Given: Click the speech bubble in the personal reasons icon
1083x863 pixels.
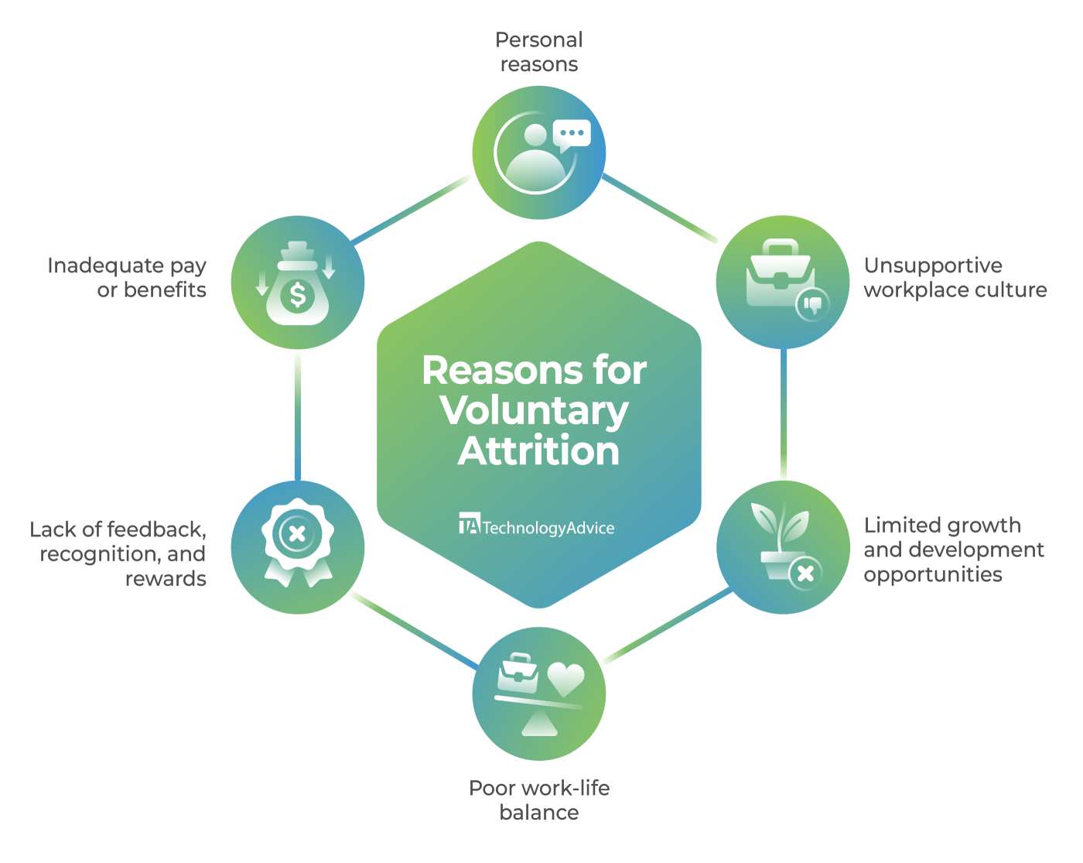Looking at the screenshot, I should click(x=572, y=134).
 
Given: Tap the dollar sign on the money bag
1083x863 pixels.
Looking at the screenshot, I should click(x=298, y=296).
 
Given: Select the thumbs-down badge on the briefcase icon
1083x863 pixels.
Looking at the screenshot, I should click(x=812, y=303).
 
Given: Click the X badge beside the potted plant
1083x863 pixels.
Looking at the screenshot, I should click(x=805, y=574).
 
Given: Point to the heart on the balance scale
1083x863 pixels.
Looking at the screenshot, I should click(x=566, y=679).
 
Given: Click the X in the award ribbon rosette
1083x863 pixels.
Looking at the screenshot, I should click(x=296, y=533).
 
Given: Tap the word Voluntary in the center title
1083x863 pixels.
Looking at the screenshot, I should click(x=535, y=411).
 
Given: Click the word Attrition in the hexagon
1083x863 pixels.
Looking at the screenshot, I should click(x=539, y=451).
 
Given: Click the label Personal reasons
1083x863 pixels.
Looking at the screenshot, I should click(x=539, y=52).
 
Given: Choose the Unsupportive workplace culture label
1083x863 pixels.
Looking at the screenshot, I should click(x=955, y=278).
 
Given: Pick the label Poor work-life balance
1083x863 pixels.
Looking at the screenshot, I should click(x=539, y=800).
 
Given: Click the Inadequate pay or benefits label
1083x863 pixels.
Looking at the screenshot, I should click(x=128, y=278).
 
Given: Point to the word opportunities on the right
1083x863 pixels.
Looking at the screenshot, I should click(x=933, y=574).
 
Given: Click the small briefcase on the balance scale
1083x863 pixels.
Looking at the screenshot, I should click(x=518, y=673).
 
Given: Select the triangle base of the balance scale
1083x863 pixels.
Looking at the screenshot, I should click(x=539, y=724).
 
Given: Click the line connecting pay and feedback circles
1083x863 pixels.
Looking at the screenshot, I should click(x=298, y=415).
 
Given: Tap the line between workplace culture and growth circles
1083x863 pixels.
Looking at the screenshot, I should click(x=784, y=415).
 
